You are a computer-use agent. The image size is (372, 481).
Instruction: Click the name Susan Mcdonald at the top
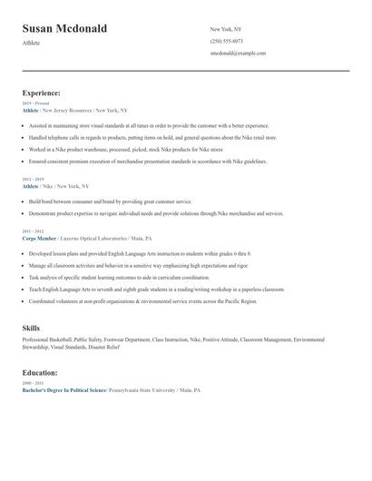(64, 29)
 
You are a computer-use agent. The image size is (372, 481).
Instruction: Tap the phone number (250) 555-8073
(226, 41)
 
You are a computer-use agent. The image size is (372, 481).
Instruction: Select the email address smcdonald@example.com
(238, 53)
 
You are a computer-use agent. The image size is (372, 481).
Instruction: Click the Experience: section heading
(42, 93)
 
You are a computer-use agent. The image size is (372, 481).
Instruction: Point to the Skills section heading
(31, 326)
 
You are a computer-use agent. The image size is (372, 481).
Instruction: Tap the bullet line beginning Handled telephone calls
(145, 137)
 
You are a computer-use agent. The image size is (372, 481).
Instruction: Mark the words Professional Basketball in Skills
(46, 339)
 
